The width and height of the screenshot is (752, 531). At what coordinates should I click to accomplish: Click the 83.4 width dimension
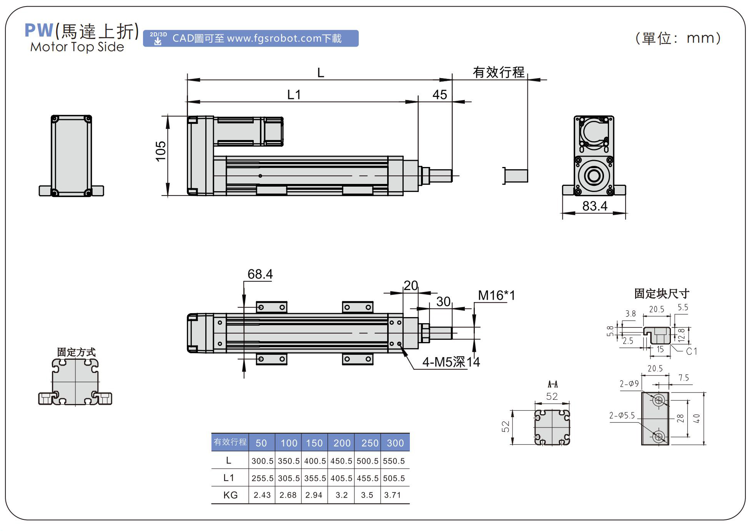tap(594, 206)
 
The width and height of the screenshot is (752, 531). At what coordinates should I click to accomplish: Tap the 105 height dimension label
tap(161, 151)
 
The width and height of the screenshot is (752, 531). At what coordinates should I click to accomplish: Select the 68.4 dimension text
tap(260, 274)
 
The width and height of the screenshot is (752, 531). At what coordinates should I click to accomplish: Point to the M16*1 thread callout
tap(496, 296)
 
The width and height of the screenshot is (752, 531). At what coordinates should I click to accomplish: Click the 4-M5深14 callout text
tap(451, 362)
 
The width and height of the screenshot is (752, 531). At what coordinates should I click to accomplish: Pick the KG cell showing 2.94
tap(314, 495)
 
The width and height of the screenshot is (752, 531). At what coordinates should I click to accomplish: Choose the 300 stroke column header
tap(395, 443)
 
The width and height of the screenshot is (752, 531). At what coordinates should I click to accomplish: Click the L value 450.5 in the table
tap(341, 461)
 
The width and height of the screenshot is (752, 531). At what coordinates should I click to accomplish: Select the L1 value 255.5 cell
tap(262, 478)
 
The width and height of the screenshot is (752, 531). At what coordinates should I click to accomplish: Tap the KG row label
tap(230, 495)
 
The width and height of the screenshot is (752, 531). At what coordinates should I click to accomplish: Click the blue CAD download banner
tap(251, 38)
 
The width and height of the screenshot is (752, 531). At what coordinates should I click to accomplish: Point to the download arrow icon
tap(158, 41)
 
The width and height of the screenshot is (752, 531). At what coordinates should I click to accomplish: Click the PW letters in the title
tap(39, 31)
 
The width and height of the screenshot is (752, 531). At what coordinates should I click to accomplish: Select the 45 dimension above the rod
tap(439, 95)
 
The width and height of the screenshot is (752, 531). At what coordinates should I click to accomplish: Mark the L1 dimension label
tap(294, 95)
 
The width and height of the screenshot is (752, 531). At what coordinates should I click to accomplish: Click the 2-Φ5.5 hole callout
tap(622, 416)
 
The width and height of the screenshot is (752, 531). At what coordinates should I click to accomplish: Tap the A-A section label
tap(552, 384)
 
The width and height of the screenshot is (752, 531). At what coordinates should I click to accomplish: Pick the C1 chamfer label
tap(691, 351)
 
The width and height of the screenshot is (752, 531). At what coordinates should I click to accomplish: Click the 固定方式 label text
tap(76, 352)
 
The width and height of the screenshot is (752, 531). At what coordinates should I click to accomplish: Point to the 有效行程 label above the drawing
tap(498, 72)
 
